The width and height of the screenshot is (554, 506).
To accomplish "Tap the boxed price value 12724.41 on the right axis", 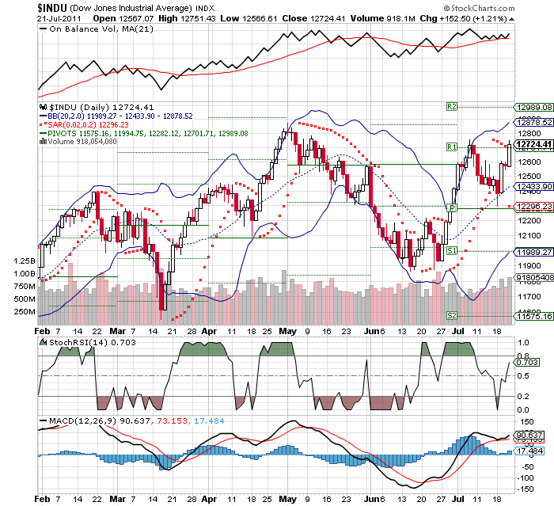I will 531,146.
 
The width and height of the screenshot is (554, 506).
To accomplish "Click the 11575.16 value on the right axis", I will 531,316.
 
